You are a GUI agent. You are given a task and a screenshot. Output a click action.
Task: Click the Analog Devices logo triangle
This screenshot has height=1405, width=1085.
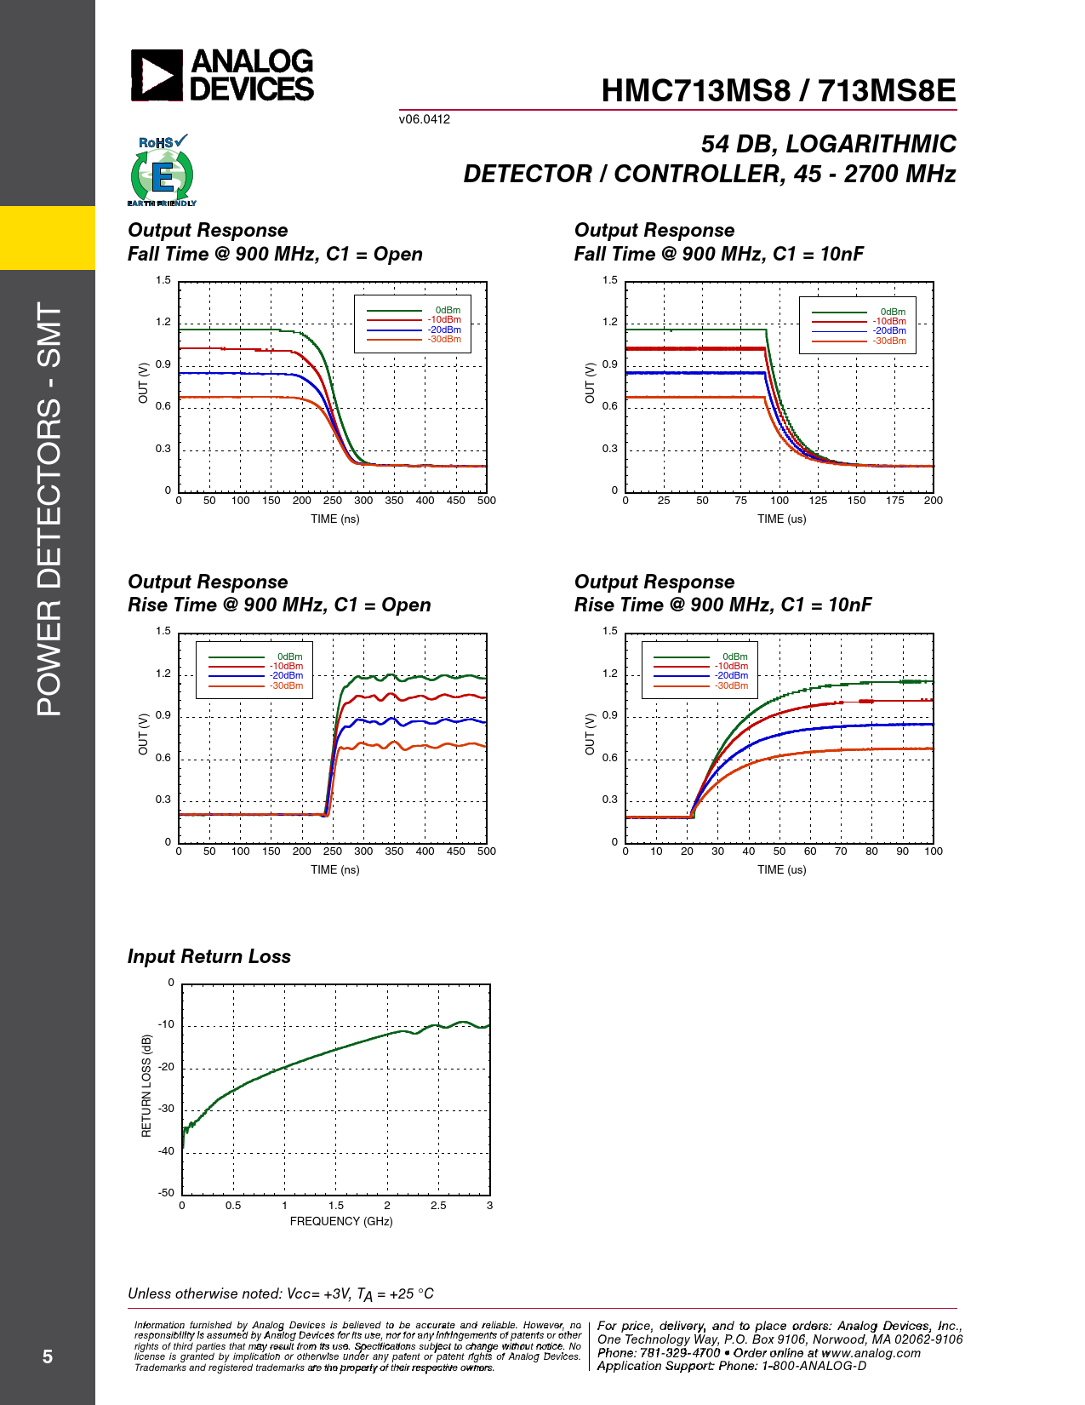click(157, 75)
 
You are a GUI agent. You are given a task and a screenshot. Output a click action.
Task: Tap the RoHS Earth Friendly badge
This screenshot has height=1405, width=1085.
click(162, 171)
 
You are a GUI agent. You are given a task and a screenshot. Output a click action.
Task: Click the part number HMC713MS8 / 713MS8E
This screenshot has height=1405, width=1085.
click(778, 91)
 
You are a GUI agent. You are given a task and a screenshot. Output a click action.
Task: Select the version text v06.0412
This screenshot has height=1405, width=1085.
click(424, 119)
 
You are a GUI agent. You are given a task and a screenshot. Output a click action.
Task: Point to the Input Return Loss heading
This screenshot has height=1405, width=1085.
click(209, 956)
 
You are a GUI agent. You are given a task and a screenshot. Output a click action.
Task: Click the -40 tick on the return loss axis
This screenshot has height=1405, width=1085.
click(165, 1151)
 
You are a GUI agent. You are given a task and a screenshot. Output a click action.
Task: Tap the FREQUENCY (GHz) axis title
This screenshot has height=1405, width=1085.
click(341, 1221)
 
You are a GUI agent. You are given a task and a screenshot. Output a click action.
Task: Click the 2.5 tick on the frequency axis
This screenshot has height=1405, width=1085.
click(438, 1206)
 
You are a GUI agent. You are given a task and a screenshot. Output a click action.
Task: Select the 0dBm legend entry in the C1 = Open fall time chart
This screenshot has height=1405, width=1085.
click(448, 311)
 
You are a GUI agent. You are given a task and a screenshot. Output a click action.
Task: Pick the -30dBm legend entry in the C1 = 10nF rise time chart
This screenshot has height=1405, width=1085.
click(731, 685)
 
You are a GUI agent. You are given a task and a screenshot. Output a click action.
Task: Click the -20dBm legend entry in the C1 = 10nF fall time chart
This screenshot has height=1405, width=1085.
click(889, 330)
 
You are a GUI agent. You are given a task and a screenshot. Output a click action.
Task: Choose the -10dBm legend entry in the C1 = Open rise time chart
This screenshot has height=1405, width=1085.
click(286, 666)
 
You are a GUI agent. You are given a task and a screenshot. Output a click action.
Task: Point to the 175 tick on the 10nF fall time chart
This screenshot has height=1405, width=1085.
click(894, 501)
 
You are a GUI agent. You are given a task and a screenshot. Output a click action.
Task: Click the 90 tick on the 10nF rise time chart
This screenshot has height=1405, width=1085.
click(902, 852)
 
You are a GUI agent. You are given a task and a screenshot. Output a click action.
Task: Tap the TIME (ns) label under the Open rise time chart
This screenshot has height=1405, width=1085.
click(334, 869)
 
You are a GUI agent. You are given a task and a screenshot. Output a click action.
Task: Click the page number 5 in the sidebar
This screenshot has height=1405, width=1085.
click(48, 1356)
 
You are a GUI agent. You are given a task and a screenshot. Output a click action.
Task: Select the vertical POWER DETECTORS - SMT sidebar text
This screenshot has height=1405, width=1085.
click(49, 509)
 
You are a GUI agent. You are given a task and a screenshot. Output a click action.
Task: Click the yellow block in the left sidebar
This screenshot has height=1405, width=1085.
click(48, 238)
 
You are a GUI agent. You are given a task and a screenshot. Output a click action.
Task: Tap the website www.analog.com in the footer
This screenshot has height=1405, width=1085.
click(871, 1353)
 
